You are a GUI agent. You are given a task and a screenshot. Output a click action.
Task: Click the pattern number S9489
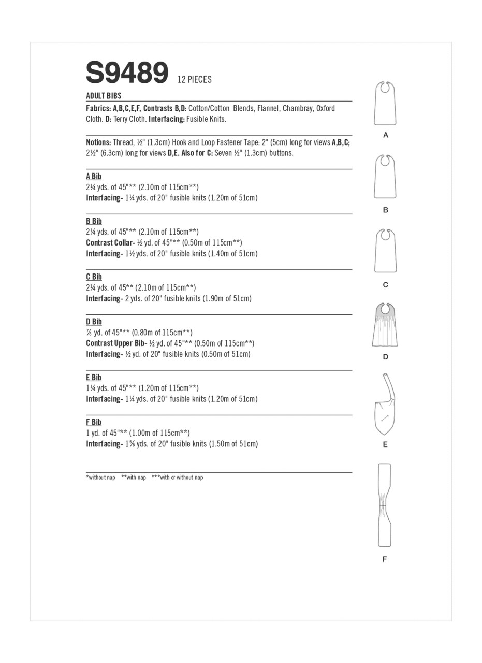point(127,73)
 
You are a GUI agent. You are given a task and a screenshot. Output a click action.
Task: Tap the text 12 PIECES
point(194,80)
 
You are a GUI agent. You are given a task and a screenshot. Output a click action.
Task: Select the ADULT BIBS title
point(104,96)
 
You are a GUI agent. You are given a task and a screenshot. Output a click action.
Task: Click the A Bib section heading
point(94,177)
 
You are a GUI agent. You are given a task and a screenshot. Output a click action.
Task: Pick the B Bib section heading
point(94,221)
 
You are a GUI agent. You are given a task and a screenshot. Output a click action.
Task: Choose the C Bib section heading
point(94,277)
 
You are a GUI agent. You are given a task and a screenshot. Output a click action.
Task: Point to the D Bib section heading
point(94,322)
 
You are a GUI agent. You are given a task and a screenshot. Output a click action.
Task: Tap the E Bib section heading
point(94,377)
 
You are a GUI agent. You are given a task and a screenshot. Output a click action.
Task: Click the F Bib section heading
point(94,422)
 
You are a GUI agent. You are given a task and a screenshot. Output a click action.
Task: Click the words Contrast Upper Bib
point(116,343)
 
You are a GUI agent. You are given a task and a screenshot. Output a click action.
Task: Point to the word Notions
point(98,142)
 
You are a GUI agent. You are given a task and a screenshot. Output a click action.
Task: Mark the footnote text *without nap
point(100,478)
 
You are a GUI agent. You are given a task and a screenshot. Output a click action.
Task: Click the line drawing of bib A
point(385,104)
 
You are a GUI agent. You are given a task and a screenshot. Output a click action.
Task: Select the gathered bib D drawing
point(385,326)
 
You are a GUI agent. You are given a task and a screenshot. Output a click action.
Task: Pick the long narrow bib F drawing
point(384,505)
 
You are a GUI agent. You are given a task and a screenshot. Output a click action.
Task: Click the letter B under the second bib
point(385,210)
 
